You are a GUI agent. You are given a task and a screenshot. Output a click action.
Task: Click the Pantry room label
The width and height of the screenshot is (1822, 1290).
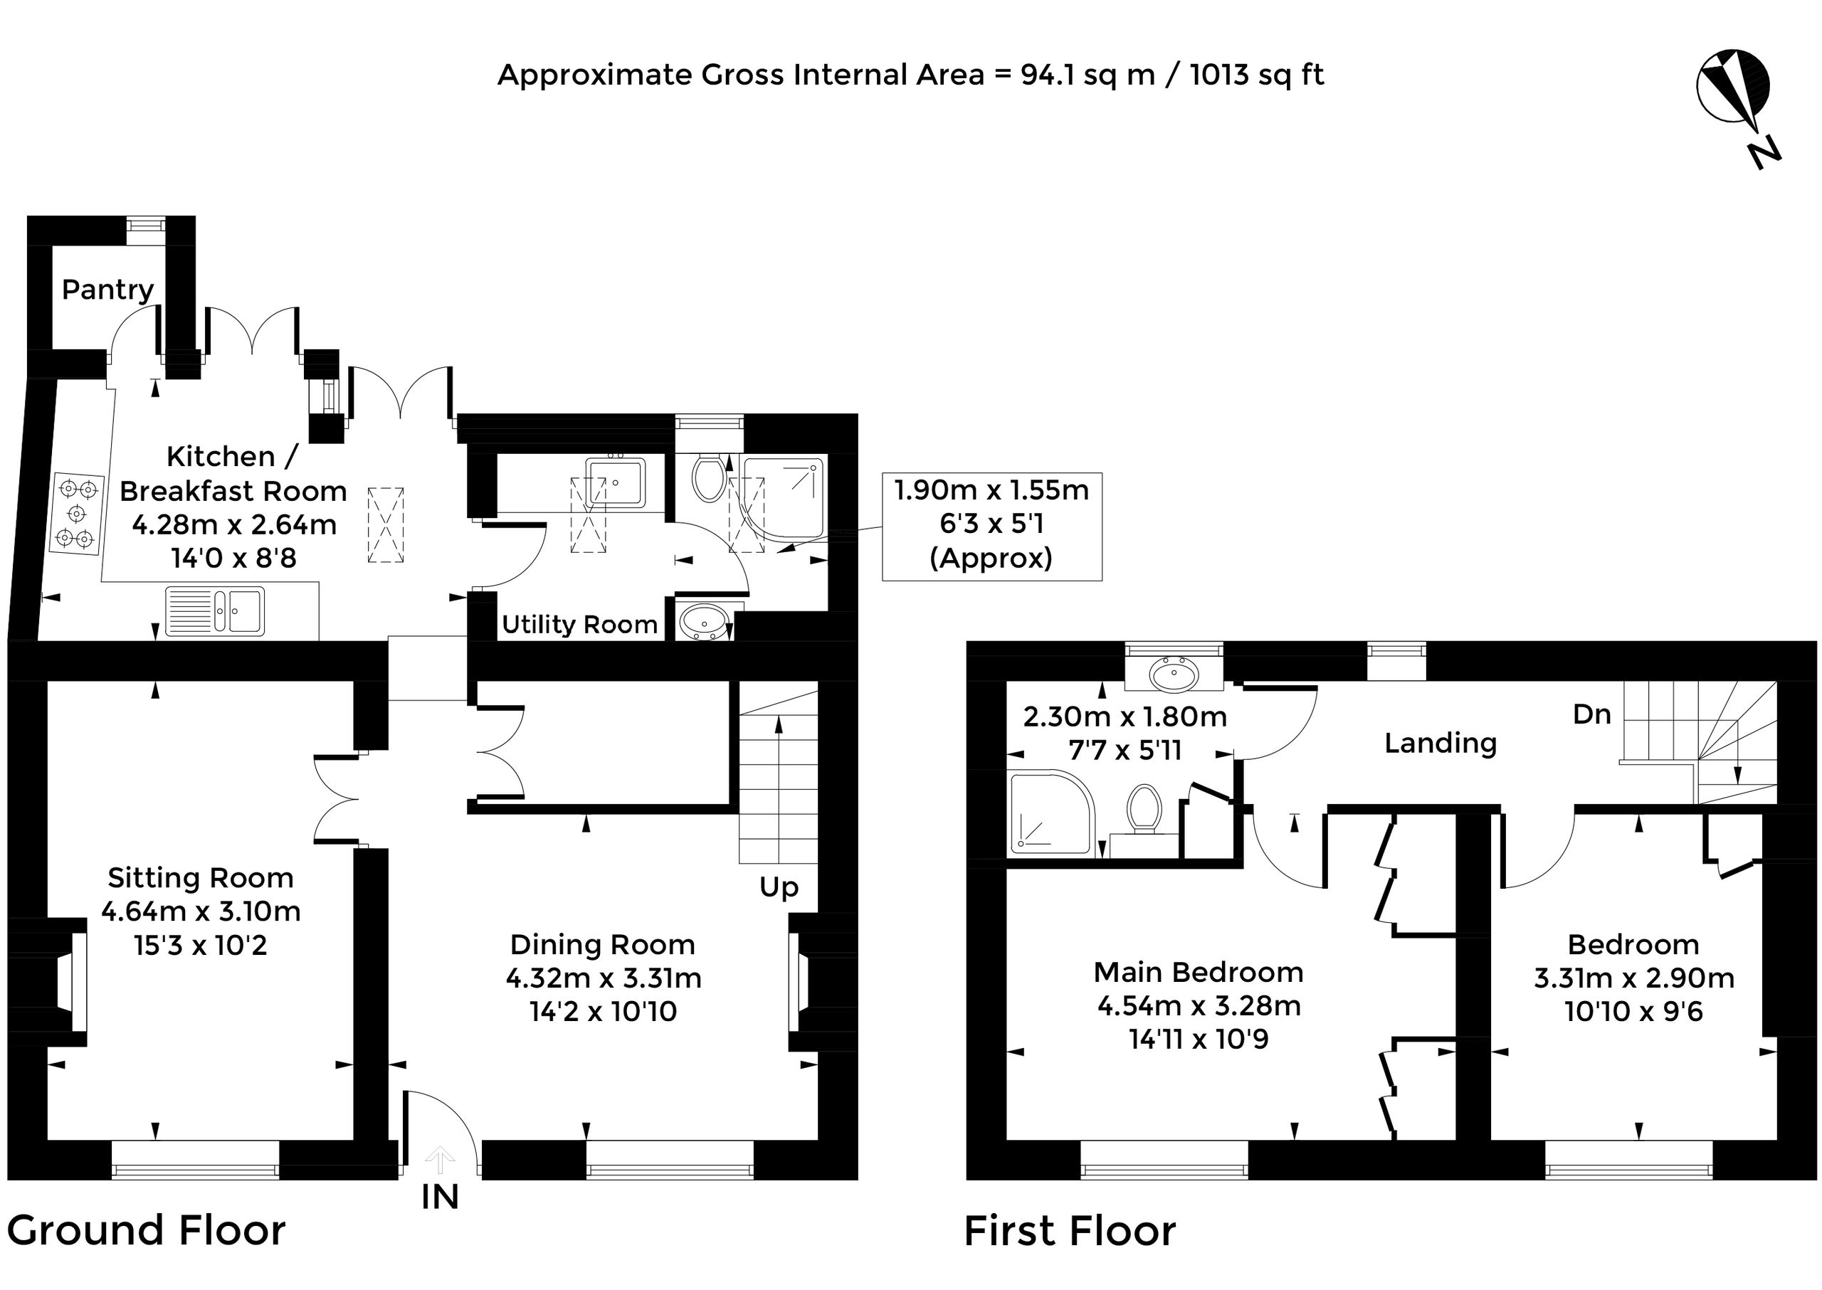[x=108, y=290]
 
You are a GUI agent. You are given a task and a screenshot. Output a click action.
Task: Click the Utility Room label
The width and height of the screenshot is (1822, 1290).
[x=579, y=625]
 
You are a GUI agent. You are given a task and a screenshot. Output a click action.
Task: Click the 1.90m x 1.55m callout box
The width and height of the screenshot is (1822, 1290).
[x=991, y=526]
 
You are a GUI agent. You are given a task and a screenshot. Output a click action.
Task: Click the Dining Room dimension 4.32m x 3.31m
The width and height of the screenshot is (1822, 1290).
[x=604, y=978]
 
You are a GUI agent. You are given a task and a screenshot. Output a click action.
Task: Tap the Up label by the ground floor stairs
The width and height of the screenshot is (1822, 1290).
[x=779, y=887]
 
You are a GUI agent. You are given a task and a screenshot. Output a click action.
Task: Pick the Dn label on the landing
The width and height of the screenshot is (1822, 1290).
[x=1592, y=714]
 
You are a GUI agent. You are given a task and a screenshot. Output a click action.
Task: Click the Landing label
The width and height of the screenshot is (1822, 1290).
[x=1441, y=744]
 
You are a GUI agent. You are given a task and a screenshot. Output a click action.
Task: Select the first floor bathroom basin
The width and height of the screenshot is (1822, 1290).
[x=1174, y=675]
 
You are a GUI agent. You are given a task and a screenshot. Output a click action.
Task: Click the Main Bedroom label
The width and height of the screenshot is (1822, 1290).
[x=1199, y=972]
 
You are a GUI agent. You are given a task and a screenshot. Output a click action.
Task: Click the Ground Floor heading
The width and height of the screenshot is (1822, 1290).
[x=146, y=1230]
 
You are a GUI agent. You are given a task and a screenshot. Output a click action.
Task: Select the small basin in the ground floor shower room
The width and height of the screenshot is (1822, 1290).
[x=704, y=621]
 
